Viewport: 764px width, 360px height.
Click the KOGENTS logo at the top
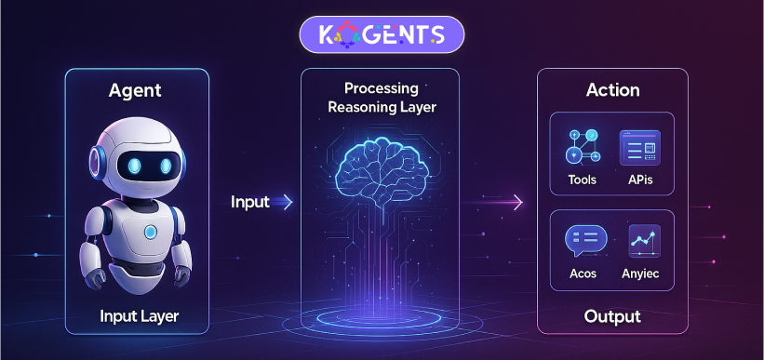coord(382,36)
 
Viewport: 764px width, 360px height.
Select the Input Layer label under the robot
coord(139,317)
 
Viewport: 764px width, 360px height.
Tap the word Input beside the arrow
coord(250,201)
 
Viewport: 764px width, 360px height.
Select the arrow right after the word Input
coord(286,201)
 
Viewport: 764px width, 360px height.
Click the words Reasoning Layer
coord(382,107)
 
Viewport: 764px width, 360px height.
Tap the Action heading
coord(612,90)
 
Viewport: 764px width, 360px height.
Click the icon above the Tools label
coord(583,147)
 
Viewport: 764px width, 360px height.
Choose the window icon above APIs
coord(640,147)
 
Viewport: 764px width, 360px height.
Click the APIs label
coord(641,179)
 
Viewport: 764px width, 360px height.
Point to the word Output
coord(612,317)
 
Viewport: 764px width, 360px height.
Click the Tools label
coord(583,179)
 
